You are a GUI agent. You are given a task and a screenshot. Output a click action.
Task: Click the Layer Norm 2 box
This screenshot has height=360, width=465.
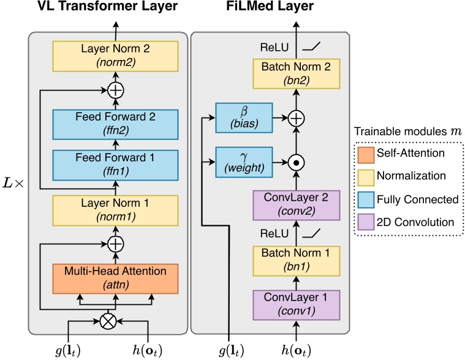click(115, 54)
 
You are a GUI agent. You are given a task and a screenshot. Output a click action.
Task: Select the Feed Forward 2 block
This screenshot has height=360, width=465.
click(115, 124)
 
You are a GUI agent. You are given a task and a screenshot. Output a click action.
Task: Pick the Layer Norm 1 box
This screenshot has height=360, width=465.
click(115, 209)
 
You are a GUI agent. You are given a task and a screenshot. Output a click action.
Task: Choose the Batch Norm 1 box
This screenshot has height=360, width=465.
click(296, 258)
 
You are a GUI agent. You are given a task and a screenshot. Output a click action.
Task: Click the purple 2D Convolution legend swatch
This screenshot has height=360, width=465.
click(369, 222)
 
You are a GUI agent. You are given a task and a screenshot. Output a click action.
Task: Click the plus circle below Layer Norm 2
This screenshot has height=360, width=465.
click(115, 91)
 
